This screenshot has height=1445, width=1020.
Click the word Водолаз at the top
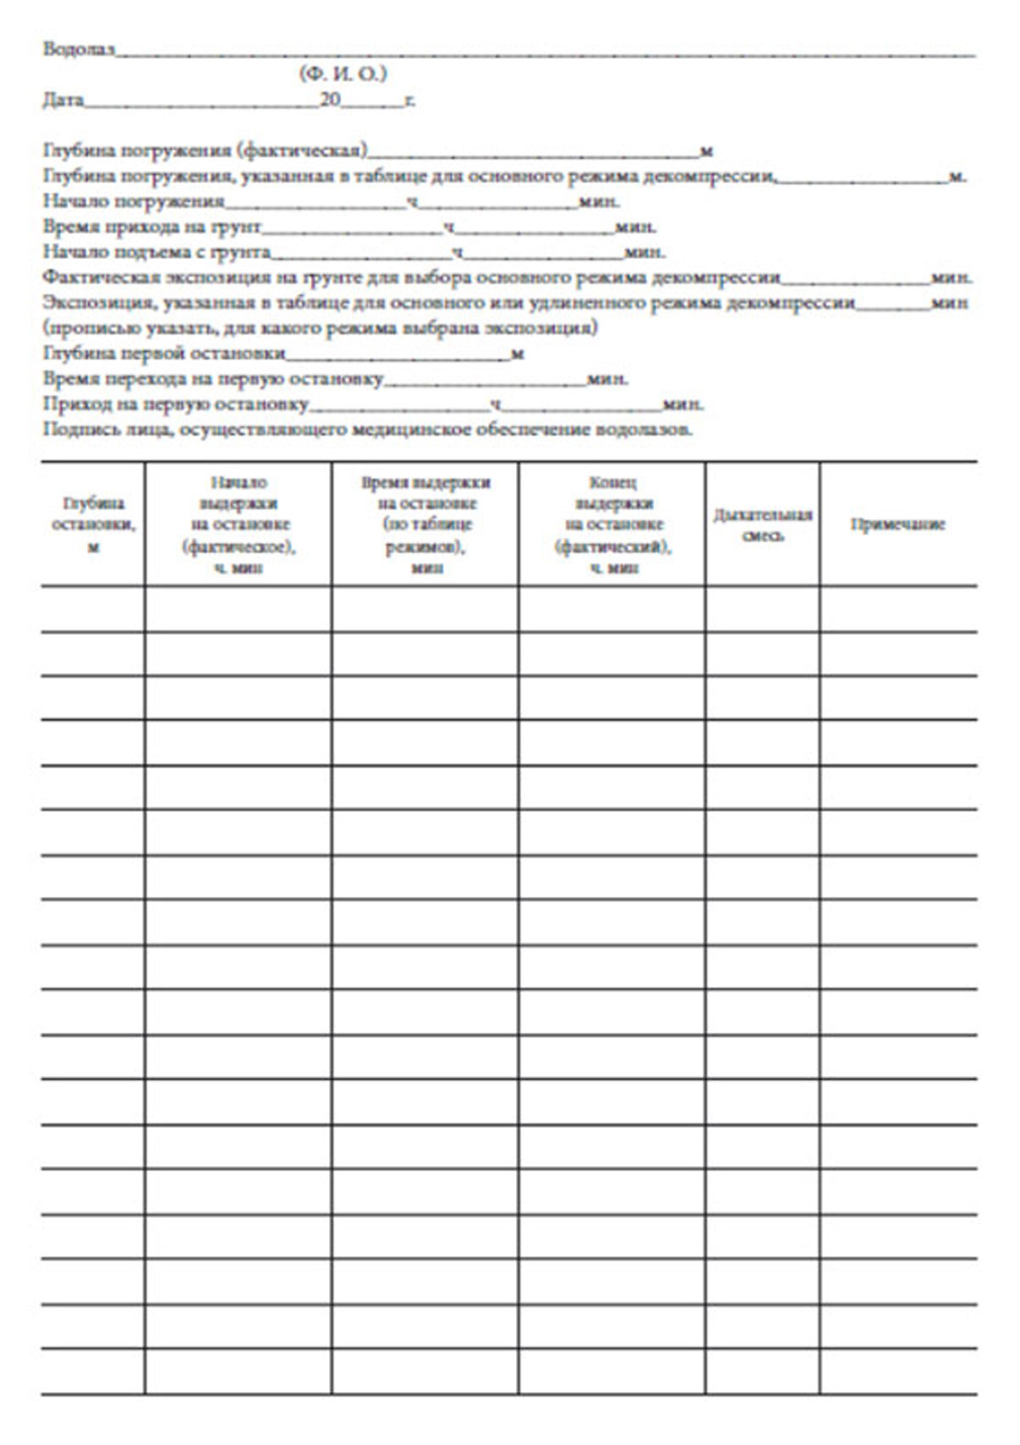tap(77, 49)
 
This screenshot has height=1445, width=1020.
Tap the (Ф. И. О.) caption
tap(343, 75)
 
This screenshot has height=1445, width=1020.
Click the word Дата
tap(64, 101)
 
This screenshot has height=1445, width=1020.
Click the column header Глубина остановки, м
tap(93, 524)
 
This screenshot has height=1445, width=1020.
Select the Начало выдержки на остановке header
tap(238, 524)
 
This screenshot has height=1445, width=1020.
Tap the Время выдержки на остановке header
tap(426, 524)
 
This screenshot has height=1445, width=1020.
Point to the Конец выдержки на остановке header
tap(612, 524)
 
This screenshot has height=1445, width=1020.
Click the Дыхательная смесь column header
tap(762, 524)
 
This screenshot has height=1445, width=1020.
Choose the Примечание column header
tap(898, 524)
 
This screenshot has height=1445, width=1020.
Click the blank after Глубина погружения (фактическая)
tap(533, 154)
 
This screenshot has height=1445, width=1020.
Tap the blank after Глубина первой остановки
tap(398, 356)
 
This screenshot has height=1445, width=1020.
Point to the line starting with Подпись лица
tap(367, 429)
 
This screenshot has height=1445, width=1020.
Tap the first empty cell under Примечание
tap(898, 609)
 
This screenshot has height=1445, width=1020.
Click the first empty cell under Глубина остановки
tap(93, 609)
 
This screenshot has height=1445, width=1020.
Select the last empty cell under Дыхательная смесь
tap(762, 1371)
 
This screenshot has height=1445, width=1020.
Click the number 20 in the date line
tap(330, 101)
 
